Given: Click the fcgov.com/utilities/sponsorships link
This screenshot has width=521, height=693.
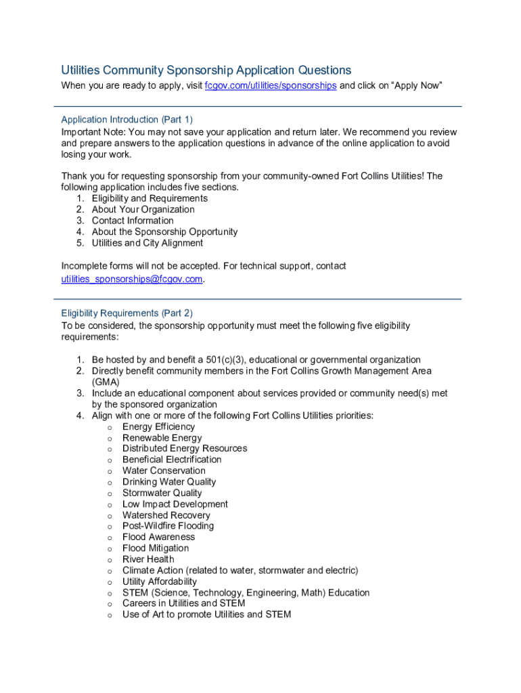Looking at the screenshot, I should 271,86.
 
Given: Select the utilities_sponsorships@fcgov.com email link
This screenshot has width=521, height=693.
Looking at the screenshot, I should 132,279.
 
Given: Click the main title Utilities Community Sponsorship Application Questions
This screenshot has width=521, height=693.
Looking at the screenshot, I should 206,70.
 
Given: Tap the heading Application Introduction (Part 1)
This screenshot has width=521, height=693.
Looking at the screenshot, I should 127,120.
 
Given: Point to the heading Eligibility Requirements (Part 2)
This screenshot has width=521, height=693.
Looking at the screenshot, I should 127,313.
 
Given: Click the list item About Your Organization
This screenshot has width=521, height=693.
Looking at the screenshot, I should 143,210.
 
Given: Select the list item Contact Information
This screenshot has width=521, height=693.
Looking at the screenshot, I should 133,221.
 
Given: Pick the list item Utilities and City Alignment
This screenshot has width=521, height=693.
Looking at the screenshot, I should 148,243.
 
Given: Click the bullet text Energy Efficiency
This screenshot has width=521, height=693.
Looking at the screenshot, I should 158,426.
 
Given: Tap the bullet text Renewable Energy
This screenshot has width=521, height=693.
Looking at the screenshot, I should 162,438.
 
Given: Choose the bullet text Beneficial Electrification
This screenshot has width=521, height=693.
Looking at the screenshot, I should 172,460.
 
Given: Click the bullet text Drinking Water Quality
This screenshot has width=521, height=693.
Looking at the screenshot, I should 169,482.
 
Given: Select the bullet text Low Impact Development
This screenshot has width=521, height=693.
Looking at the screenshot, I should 175,504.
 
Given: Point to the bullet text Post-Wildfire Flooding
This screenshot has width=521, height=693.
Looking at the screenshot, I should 168,526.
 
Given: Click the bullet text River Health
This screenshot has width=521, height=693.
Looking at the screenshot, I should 148,559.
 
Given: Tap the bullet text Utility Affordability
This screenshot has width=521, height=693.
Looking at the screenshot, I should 160,581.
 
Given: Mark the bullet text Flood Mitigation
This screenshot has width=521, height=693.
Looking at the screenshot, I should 156,548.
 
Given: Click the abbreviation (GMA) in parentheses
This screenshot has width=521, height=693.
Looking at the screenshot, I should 106,382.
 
